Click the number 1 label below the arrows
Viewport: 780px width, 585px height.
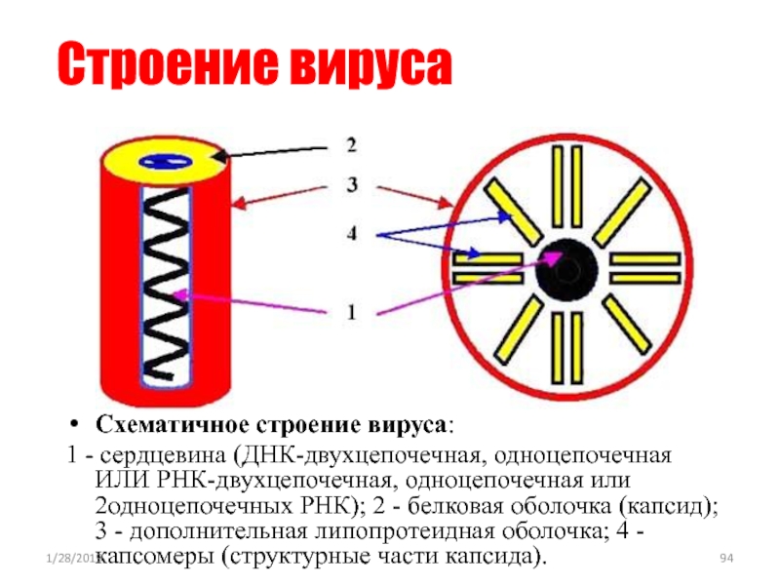(x=350, y=312)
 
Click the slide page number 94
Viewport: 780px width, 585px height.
(x=725, y=557)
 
